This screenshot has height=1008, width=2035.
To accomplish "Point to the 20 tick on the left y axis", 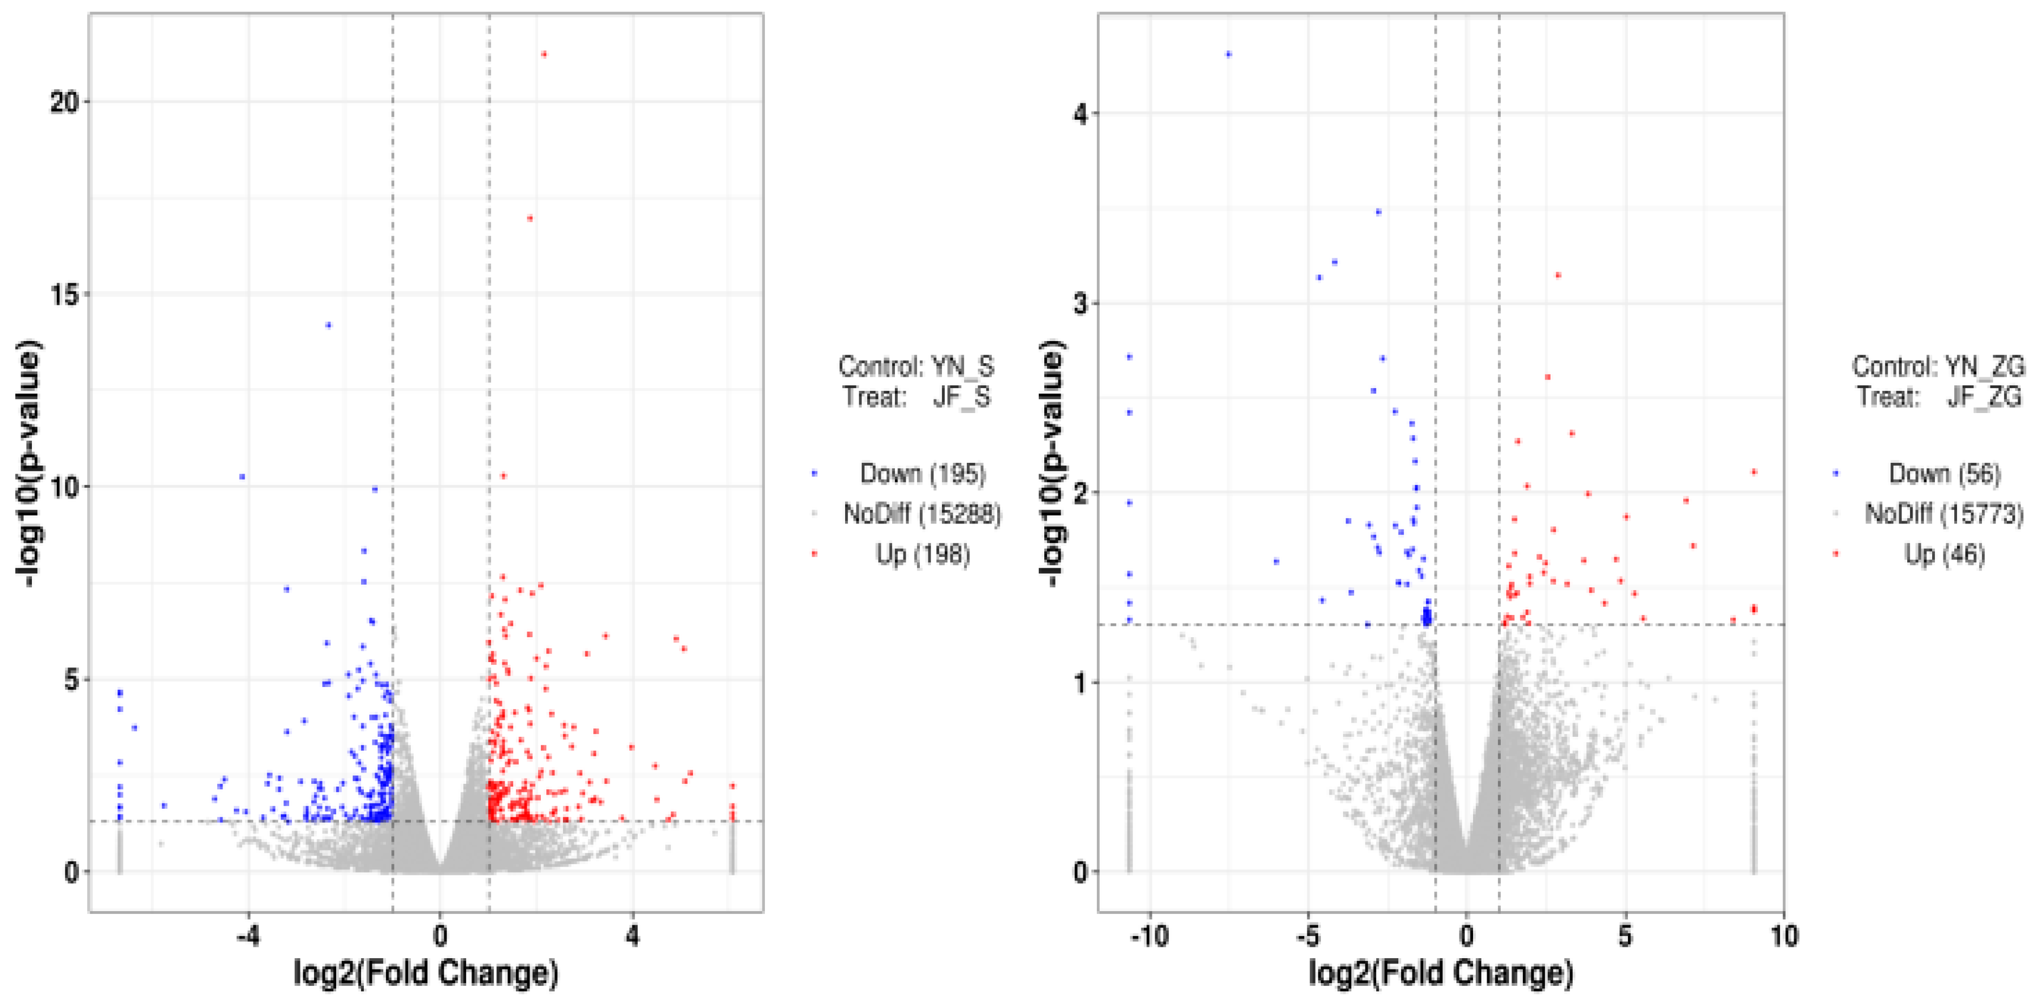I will [x=65, y=102].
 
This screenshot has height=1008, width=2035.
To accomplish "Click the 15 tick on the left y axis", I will [x=65, y=294].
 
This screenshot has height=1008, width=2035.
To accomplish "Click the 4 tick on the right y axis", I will [x=1081, y=114].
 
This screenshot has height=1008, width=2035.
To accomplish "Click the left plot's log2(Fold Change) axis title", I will [x=426, y=972].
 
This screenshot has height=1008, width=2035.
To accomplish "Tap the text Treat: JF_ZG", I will [x=1939, y=397].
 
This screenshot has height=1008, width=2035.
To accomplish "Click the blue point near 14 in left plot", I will [x=329, y=325].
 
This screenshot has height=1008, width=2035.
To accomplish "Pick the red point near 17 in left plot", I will [x=530, y=218].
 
